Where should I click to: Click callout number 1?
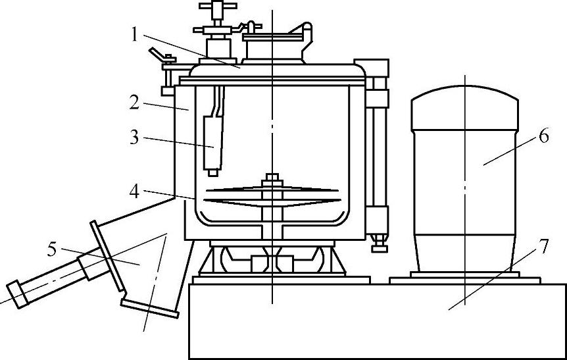click(135, 34)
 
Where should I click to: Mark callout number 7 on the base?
click(543, 245)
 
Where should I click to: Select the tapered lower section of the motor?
click(464, 250)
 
